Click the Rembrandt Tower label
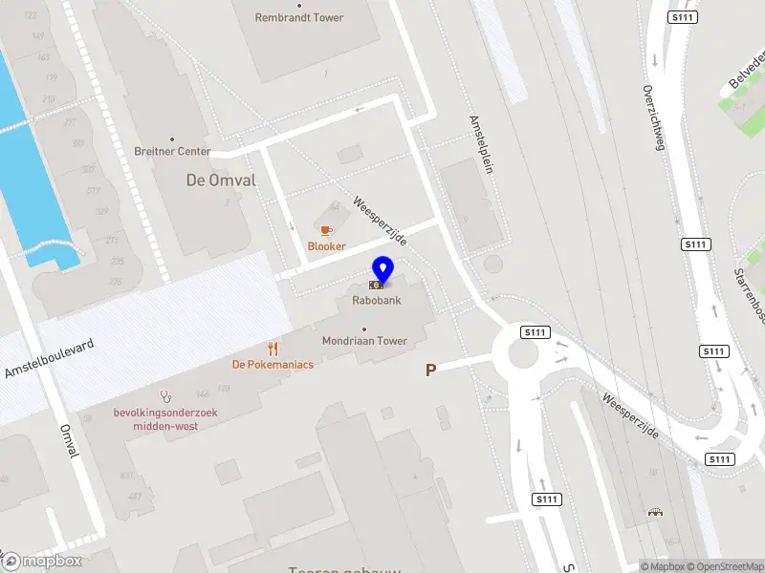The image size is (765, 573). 300,17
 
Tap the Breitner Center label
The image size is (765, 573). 172,152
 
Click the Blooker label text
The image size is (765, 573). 326,246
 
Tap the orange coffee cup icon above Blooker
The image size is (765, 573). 326,230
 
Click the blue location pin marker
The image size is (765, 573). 382,270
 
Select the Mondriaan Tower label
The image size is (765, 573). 364,341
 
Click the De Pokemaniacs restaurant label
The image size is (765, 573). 273,364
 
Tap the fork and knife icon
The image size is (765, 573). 273,349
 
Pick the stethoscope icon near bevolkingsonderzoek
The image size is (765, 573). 166,394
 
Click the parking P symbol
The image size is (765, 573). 430,370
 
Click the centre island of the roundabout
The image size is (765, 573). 524,353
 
